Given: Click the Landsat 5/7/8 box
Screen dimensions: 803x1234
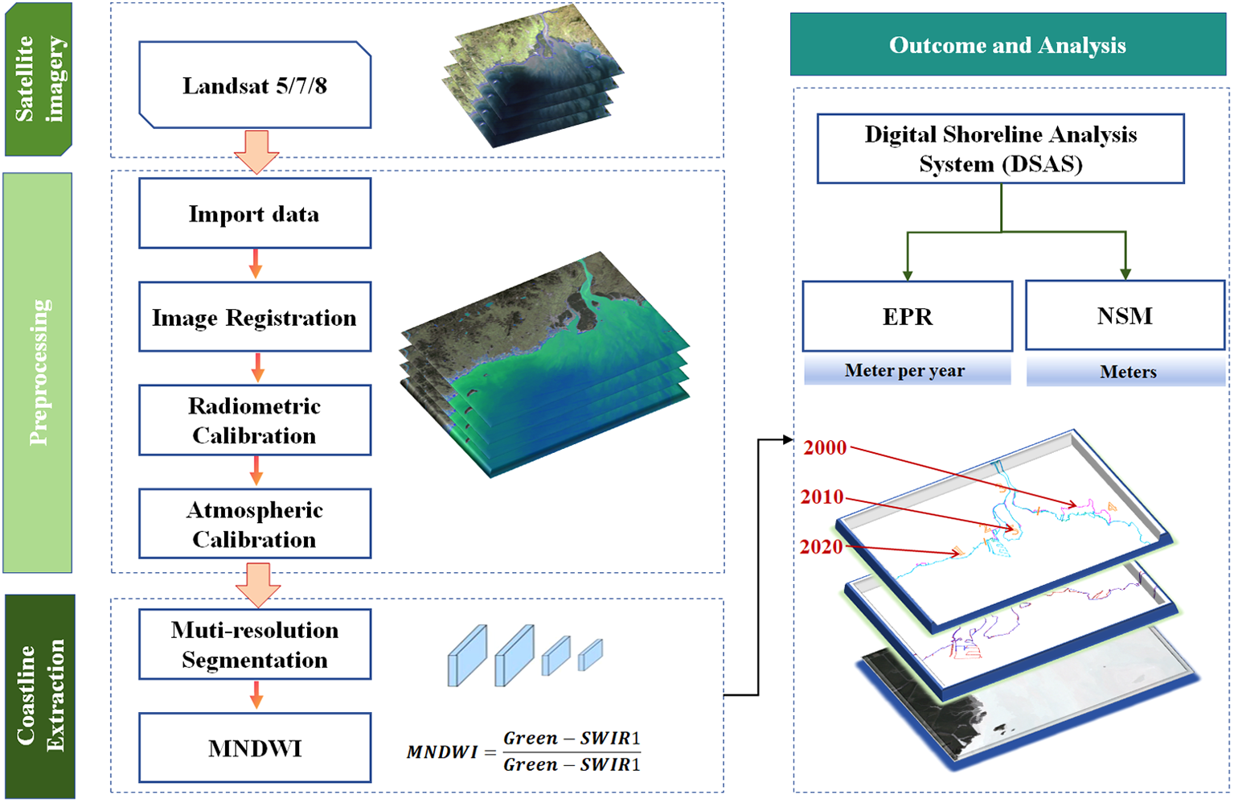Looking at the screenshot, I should (x=255, y=85).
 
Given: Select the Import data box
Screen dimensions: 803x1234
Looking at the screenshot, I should (x=255, y=213).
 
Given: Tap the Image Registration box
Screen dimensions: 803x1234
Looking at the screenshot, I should (x=255, y=317).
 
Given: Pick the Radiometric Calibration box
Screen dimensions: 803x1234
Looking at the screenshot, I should (x=255, y=420).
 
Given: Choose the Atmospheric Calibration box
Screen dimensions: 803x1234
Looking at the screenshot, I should (x=255, y=524).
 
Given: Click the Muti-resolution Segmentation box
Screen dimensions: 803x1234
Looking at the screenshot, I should (x=255, y=644).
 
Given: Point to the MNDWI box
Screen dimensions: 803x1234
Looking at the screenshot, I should (x=255, y=748).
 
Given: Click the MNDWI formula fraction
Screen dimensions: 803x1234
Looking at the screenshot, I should (x=571, y=751).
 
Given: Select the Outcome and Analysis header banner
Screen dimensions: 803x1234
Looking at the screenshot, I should (x=1008, y=45).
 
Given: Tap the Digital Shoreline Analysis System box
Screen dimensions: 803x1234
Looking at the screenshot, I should (x=1001, y=149).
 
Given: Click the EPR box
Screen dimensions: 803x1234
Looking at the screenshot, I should (x=908, y=316).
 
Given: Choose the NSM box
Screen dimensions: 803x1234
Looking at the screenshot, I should (x=1125, y=315).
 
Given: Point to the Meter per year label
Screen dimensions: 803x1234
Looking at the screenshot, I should (x=905, y=371).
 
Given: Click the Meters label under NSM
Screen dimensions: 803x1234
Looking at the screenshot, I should (x=1127, y=372).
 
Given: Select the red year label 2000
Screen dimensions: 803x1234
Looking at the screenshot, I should (x=825, y=448).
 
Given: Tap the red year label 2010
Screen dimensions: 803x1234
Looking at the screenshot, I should (x=822, y=497).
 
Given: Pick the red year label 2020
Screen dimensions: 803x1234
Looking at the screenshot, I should (x=822, y=547).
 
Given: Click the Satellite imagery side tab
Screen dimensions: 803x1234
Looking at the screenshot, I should (x=39, y=79).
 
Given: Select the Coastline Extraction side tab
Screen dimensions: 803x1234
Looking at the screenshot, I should (x=40, y=696).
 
